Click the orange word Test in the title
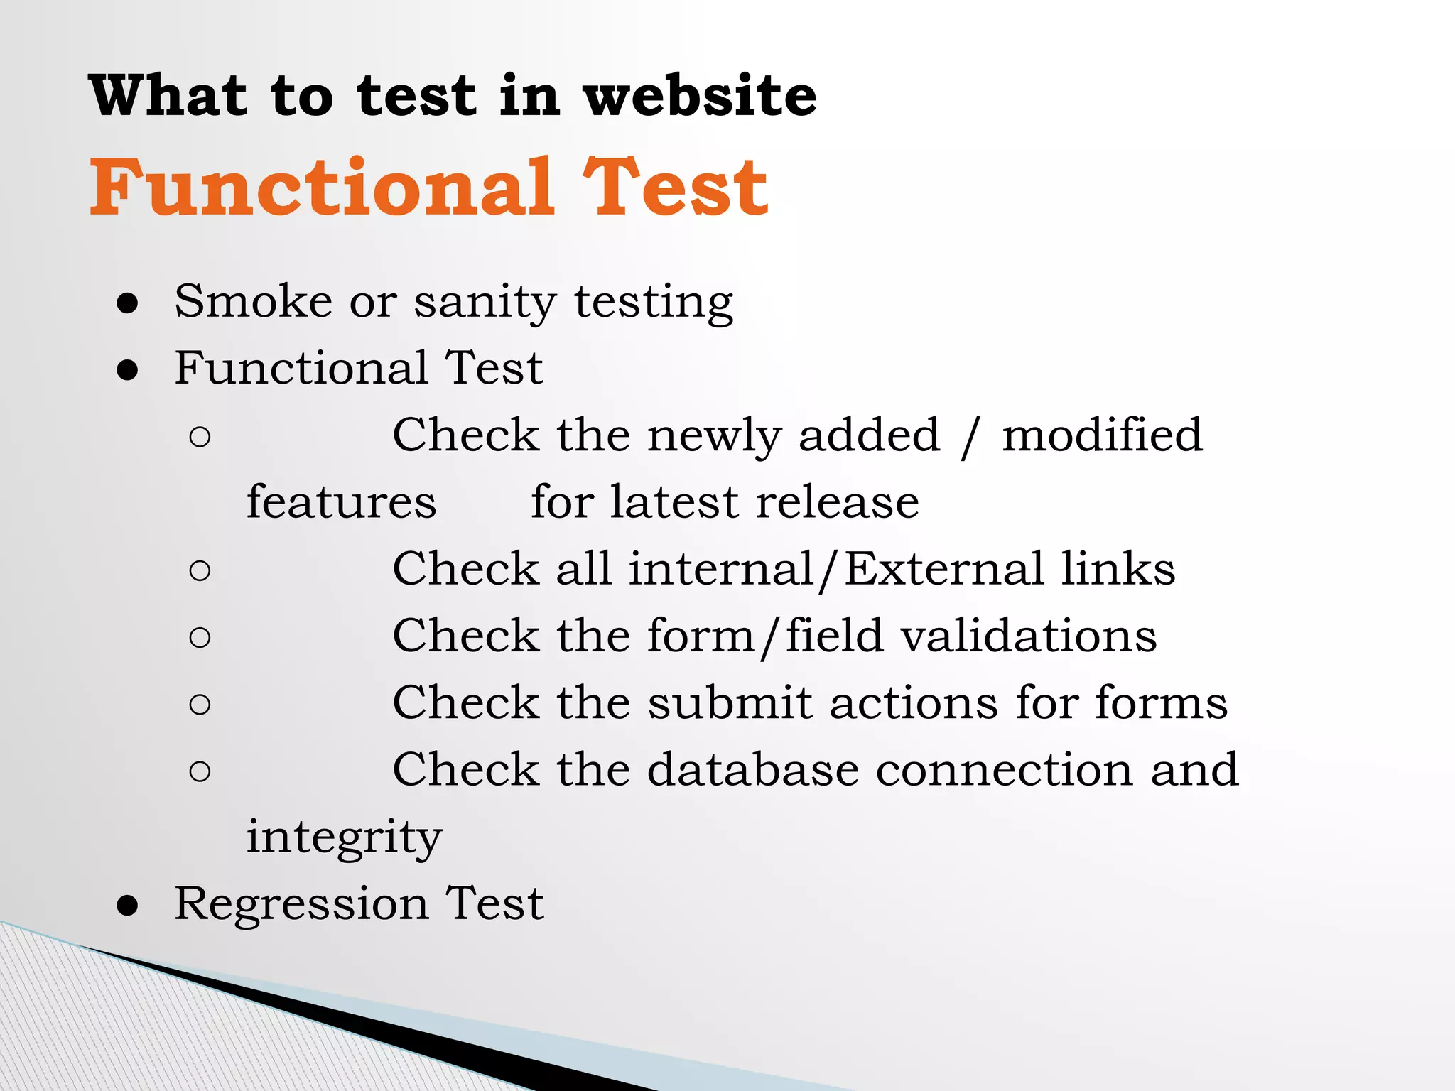(x=675, y=188)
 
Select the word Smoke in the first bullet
(x=253, y=301)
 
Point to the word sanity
(x=485, y=303)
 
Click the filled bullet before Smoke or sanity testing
(x=128, y=303)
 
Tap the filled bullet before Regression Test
(x=128, y=906)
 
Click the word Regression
(x=301, y=905)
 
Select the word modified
(x=1102, y=435)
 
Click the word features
(x=341, y=501)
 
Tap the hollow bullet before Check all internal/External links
(x=200, y=570)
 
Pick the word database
(x=752, y=769)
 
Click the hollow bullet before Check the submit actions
(x=200, y=705)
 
